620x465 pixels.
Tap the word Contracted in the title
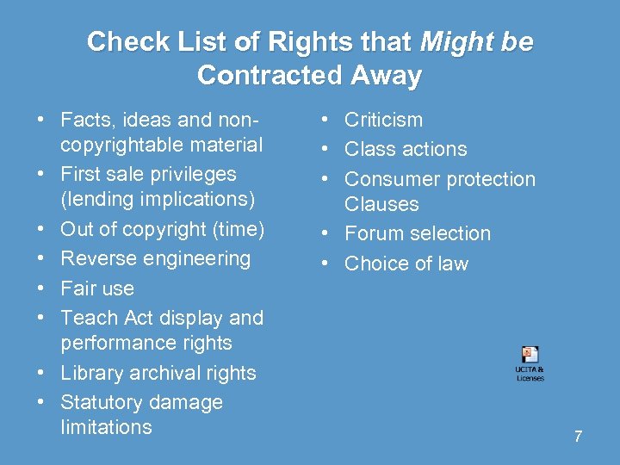click(x=270, y=76)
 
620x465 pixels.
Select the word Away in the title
click(x=386, y=76)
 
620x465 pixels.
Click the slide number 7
click(x=578, y=437)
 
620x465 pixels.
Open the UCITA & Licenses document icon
click(x=530, y=356)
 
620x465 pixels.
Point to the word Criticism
click(x=383, y=120)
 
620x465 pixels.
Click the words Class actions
click(x=406, y=149)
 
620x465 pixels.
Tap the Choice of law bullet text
click(x=406, y=263)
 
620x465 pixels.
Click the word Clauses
click(x=381, y=204)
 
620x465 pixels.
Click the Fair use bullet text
click(x=97, y=288)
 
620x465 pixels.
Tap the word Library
click(x=90, y=373)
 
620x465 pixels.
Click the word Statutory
click(x=99, y=402)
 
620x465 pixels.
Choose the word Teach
click(x=84, y=318)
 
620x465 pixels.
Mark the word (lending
click(x=96, y=199)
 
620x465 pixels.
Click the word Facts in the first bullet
click(x=85, y=120)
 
